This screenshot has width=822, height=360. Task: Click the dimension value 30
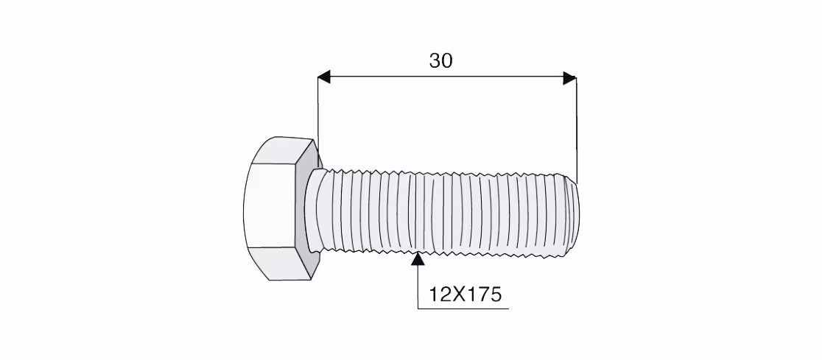point(441,61)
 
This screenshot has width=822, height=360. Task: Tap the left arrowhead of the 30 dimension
point(324,77)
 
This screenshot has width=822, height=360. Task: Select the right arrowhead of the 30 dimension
point(569,77)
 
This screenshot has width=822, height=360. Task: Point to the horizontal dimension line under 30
point(446,77)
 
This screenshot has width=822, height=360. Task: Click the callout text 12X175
point(466,294)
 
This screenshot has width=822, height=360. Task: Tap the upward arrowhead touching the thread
point(418,259)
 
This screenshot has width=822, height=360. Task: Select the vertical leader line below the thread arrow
point(418,286)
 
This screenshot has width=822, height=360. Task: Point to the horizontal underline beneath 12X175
point(463,308)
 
